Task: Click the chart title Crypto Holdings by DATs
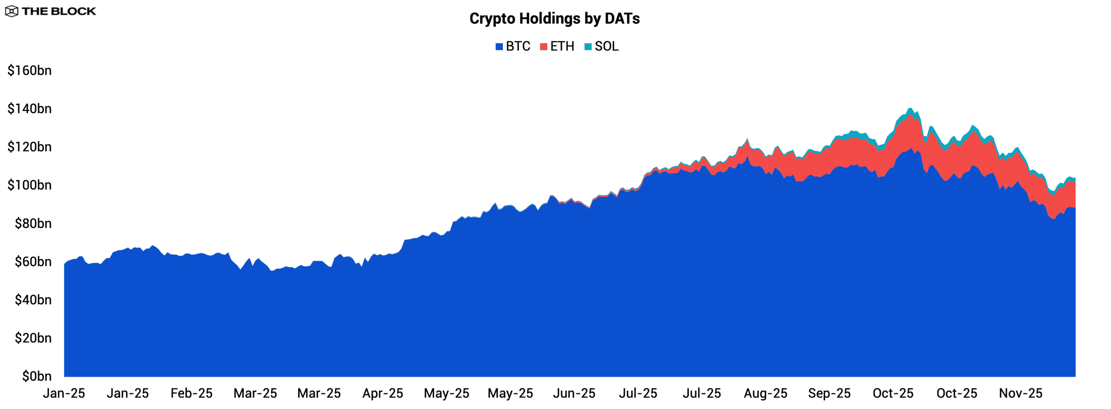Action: pos(554,19)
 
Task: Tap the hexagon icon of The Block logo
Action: pos(12,11)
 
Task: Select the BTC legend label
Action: pos(518,46)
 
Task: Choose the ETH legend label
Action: pos(562,46)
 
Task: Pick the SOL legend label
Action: pos(606,46)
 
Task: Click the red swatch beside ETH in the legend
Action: pos(543,47)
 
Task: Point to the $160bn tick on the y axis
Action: pos(30,70)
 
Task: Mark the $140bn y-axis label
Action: pos(30,108)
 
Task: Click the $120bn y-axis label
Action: pos(30,147)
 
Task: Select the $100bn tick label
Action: pos(30,185)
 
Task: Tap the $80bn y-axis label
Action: pos(33,223)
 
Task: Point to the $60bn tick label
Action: pos(33,262)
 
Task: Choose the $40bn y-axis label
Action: pos(33,300)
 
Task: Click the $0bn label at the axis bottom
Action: pos(37,376)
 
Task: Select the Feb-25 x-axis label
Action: pos(191,393)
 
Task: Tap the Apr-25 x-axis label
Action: pos(383,393)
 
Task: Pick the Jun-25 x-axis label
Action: pos(574,393)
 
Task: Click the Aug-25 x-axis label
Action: pos(766,393)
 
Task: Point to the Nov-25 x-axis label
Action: pos(1021,393)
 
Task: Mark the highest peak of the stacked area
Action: pos(910,109)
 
